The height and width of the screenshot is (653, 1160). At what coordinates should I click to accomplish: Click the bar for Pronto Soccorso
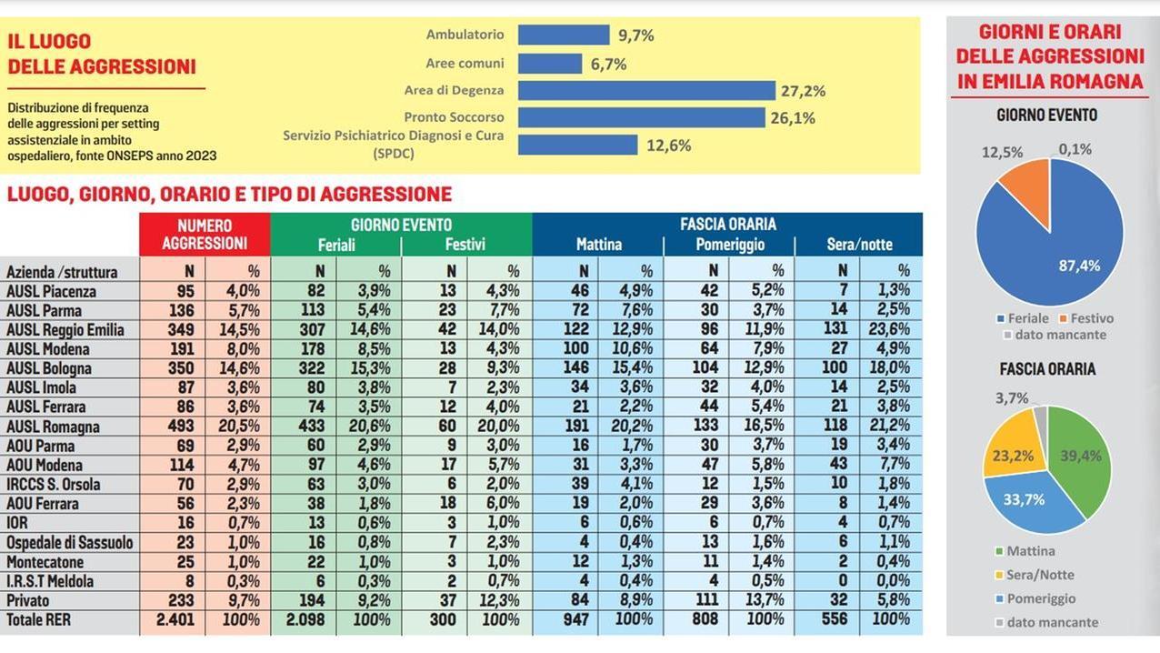[641, 117]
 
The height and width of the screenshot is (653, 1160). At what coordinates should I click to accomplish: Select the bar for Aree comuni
[550, 64]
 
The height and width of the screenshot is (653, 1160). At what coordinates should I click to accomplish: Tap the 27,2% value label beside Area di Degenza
[803, 91]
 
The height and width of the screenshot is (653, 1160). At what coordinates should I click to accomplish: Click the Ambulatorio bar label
[465, 35]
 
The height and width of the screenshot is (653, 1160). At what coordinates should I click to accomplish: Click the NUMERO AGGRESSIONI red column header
[205, 234]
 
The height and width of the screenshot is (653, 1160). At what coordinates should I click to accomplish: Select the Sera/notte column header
[859, 245]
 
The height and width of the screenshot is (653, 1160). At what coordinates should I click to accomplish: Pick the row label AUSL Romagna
[53, 427]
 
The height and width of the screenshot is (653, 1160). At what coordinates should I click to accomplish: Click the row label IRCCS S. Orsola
[54, 484]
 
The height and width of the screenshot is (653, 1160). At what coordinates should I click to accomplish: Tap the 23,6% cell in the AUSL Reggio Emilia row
[891, 330]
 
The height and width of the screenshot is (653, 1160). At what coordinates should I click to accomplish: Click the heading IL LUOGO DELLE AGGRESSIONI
[102, 54]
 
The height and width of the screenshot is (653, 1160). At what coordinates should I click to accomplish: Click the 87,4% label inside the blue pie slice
[1079, 266]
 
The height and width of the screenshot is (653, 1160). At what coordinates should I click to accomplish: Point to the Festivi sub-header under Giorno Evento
[465, 245]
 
